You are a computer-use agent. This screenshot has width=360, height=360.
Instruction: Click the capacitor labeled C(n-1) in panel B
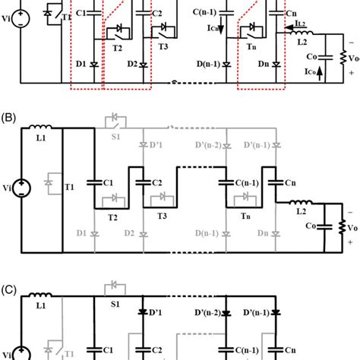226,182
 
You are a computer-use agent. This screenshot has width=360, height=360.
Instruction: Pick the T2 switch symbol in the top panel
116,29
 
